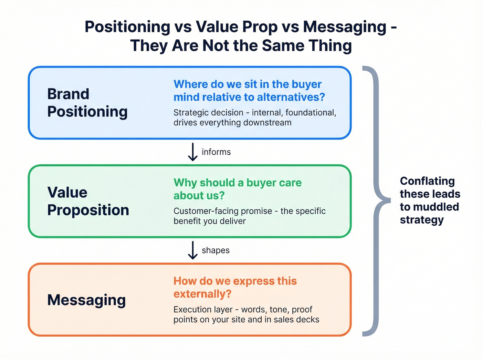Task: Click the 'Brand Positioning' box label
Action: (87, 103)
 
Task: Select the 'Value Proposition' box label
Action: (88, 201)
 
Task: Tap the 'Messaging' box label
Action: (86, 300)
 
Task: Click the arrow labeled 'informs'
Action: (193, 152)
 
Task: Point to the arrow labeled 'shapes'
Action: (193, 250)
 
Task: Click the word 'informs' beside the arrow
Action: (216, 152)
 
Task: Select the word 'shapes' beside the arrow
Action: (216, 250)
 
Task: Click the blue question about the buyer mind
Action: (249, 91)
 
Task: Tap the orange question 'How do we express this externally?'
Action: (235, 287)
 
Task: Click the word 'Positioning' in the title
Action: (127, 27)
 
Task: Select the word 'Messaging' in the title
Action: (345, 27)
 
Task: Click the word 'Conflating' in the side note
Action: (427, 181)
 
